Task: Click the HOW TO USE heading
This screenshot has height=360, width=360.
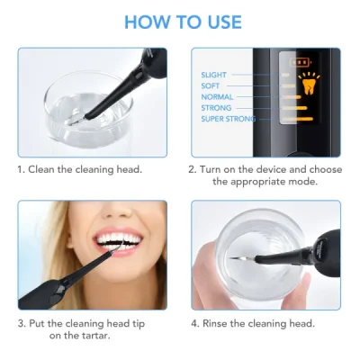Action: (x=180, y=22)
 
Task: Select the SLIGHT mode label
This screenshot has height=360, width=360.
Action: (x=215, y=75)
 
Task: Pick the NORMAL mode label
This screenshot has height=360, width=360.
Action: (x=216, y=96)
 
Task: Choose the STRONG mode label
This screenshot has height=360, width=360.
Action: (x=216, y=107)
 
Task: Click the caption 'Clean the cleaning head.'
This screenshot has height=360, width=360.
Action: (x=93, y=168)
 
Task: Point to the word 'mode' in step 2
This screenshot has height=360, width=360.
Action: (x=292, y=180)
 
